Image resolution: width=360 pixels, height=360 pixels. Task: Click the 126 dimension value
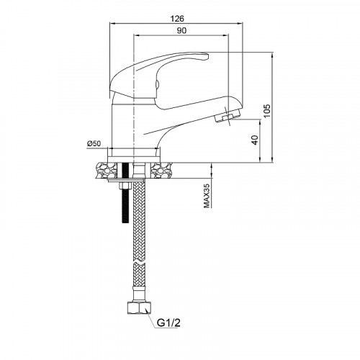(x=177, y=18)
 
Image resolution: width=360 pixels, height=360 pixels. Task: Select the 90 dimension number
(x=181, y=30)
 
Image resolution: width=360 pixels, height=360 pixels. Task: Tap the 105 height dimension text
(x=266, y=111)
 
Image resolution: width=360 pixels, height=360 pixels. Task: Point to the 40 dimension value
(x=255, y=140)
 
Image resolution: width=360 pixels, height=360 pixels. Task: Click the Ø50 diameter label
(x=94, y=143)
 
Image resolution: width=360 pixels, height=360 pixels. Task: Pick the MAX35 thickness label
(x=207, y=196)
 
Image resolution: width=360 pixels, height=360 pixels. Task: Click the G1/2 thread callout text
(x=168, y=323)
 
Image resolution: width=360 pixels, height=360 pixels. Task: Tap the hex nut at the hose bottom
(x=139, y=308)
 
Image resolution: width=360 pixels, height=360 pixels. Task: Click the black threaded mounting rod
(x=125, y=193)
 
